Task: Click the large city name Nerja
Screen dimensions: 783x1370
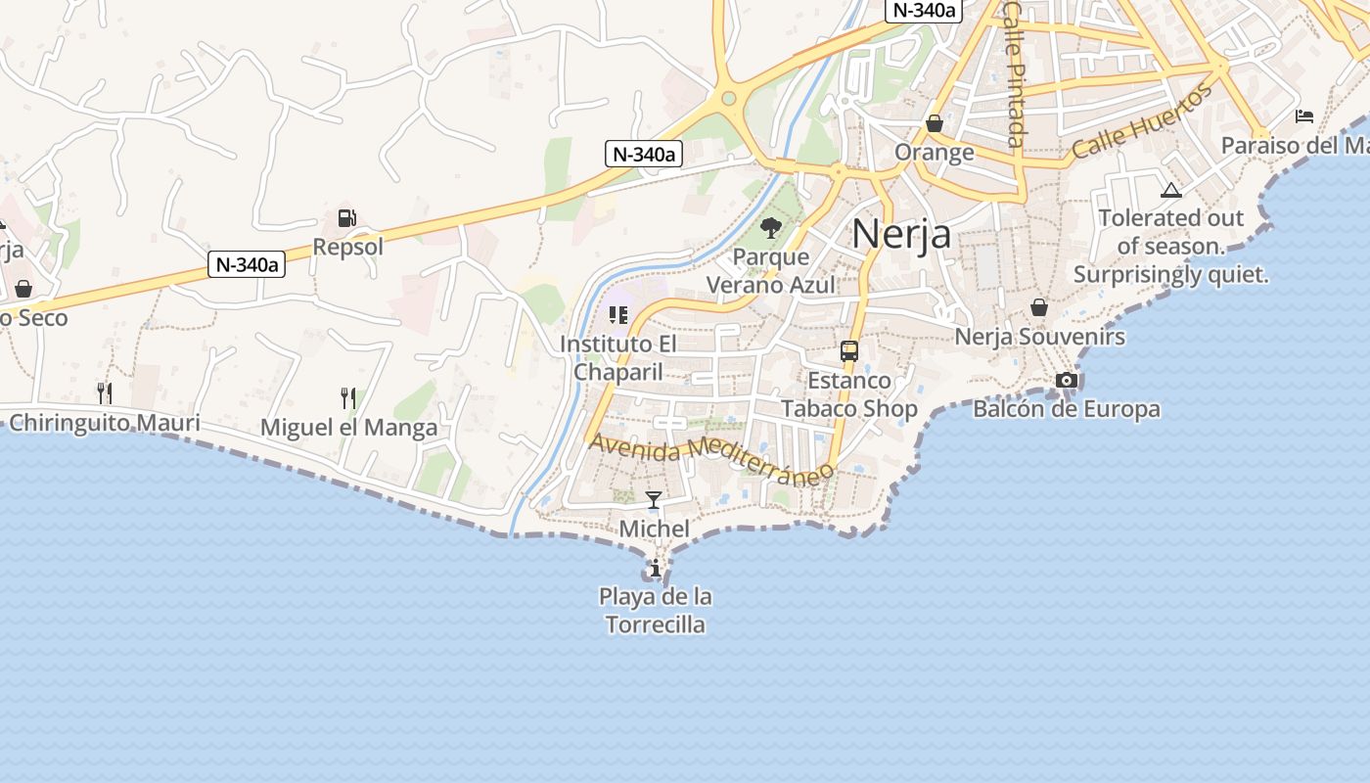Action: (900, 234)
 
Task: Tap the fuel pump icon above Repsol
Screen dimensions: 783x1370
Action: (346, 218)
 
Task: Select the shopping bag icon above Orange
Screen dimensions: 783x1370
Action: (935, 123)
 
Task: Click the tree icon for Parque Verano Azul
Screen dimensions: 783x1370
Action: (771, 228)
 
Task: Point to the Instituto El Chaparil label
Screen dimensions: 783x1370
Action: (617, 358)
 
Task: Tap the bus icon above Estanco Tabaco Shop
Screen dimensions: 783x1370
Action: (849, 351)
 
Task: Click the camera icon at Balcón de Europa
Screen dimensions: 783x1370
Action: (1067, 380)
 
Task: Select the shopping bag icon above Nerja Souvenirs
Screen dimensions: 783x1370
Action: (1039, 307)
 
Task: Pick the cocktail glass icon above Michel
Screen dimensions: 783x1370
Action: (654, 500)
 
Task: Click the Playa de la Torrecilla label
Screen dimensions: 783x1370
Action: (655, 611)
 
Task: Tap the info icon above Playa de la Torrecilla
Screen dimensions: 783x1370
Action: (655, 568)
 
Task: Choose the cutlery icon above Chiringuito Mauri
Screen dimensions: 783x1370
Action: (104, 393)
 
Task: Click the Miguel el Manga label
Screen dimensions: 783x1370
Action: (348, 428)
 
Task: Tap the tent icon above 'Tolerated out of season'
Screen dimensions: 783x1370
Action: (1170, 190)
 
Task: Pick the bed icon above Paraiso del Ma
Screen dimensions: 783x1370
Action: (1303, 116)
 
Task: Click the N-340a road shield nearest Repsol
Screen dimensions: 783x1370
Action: (247, 264)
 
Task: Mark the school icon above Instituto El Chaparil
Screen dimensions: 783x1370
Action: (617, 314)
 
